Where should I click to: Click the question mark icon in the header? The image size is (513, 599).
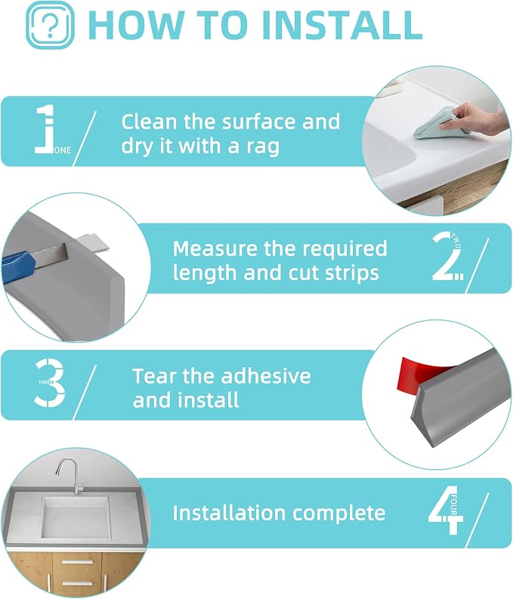(x=50, y=25)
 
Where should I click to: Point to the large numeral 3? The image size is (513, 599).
(x=49, y=383)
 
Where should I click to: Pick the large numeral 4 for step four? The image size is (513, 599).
(x=446, y=510)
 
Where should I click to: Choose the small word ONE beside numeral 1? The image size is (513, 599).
(x=62, y=150)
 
